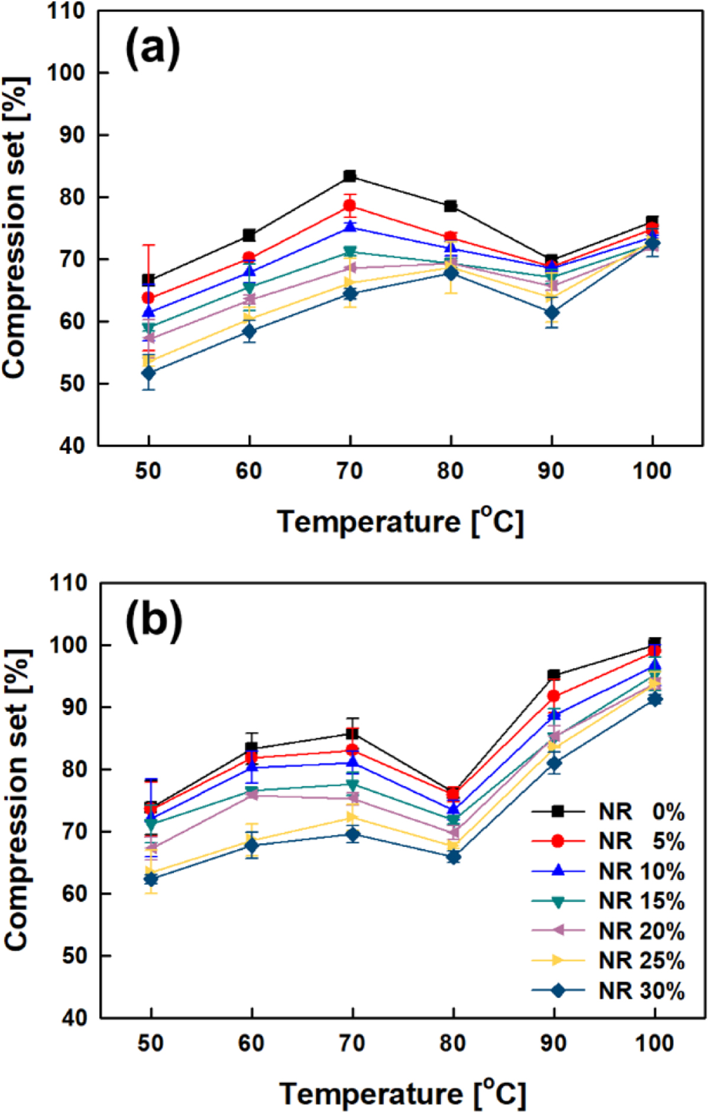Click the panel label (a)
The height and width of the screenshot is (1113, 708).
153,49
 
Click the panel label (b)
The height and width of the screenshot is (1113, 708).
154,621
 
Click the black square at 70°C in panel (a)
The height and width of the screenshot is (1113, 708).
350,176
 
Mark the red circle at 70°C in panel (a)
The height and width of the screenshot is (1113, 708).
350,206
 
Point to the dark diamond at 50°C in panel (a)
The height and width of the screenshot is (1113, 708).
148,373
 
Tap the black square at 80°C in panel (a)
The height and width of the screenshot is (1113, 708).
451,206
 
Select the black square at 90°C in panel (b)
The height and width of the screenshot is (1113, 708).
554,675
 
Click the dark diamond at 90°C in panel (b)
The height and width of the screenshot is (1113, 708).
554,763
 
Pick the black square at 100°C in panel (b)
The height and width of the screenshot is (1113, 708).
654,643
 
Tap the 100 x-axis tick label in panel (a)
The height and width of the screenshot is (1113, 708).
652,471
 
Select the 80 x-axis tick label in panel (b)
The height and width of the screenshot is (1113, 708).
453,1043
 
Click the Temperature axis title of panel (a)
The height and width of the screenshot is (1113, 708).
400,521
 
